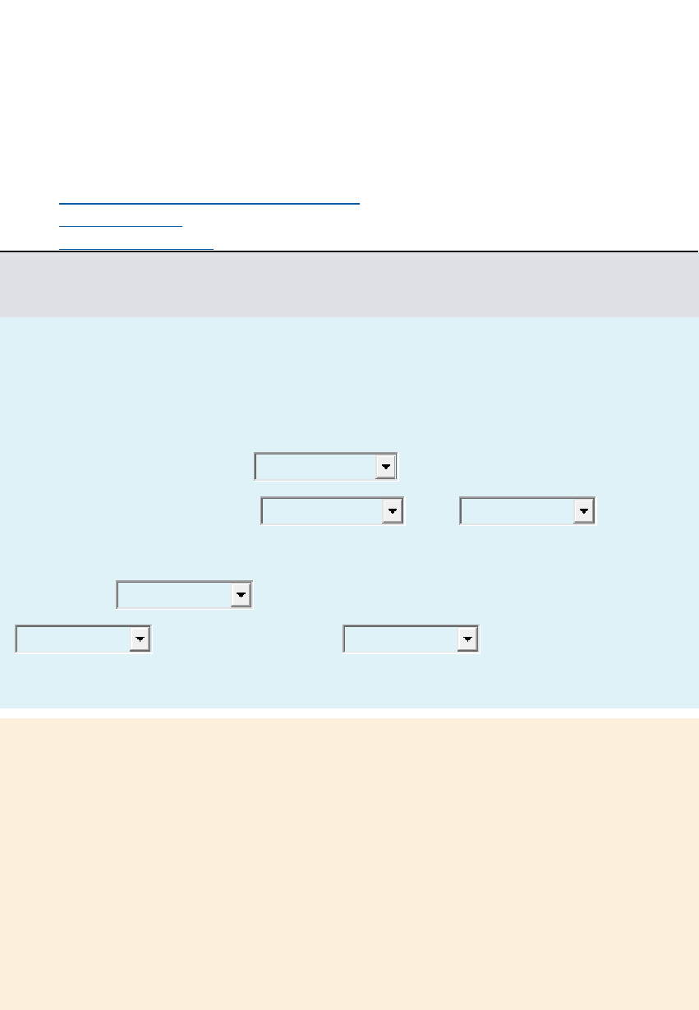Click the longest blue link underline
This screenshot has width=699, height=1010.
[209, 202]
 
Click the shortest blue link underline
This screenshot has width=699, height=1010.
[121, 225]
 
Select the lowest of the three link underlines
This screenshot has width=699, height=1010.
[136, 247]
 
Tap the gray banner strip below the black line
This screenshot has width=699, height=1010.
[349, 285]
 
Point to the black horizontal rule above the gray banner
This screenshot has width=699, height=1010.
[349, 251]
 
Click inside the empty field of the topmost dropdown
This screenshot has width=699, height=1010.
[315, 466]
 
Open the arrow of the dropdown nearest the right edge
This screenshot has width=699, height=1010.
[584, 511]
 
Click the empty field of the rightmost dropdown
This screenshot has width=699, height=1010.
[517, 511]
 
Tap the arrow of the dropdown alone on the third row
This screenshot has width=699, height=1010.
[241, 595]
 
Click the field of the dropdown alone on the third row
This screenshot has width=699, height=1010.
[174, 595]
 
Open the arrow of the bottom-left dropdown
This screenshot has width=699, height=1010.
[140, 639]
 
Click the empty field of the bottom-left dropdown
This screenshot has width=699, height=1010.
[73, 639]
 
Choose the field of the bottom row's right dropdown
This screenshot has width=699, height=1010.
[401, 639]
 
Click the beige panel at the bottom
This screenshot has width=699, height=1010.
[349, 863]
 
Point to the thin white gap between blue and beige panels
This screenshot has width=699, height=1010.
[349, 713]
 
